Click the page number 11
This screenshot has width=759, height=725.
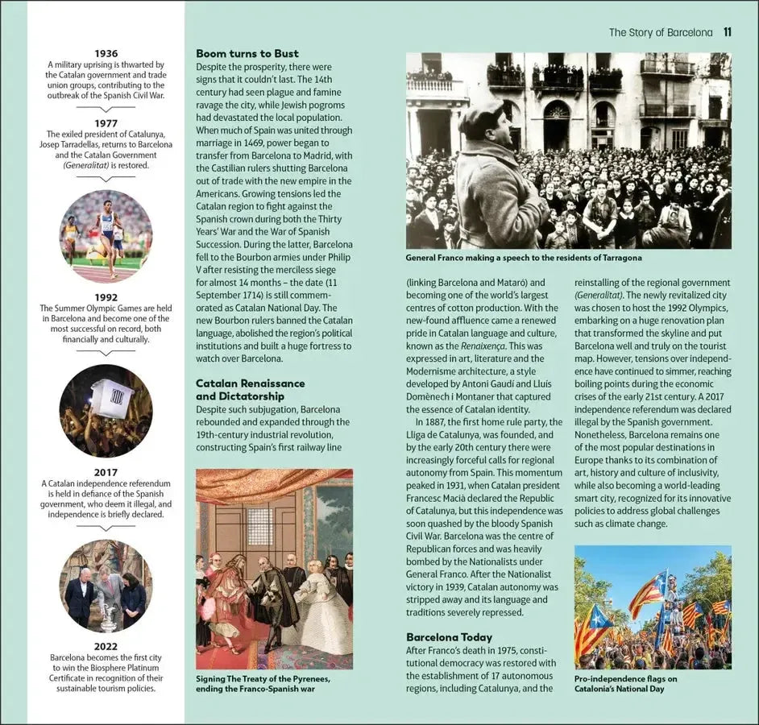[727, 32]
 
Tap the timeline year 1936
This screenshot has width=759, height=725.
[106, 53]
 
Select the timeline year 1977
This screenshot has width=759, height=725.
[106, 123]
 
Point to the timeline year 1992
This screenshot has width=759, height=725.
[106, 296]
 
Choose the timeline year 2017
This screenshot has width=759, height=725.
[106, 472]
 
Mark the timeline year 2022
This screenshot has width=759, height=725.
[106, 646]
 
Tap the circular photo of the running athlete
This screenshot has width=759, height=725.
[106, 234]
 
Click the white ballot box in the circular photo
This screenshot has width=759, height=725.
[111, 398]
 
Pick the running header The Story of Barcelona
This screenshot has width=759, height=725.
[660, 32]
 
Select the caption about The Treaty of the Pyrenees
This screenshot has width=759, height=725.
[263, 683]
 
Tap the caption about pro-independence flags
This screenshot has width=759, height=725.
[625, 683]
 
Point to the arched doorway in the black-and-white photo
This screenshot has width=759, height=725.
[556, 126]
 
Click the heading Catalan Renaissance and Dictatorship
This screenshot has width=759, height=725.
[250, 390]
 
